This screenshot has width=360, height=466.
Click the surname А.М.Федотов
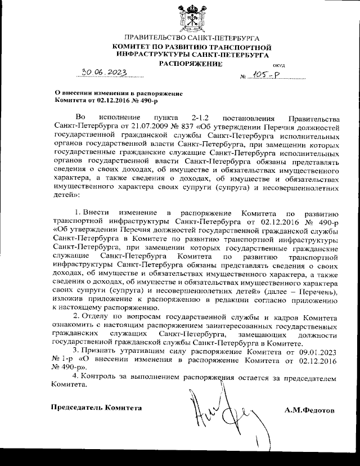click(x=310, y=410)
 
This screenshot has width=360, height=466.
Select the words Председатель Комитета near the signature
click(x=97, y=407)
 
